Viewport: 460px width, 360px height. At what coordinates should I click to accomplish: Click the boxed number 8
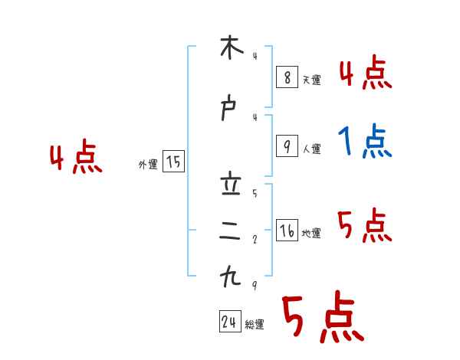(286, 77)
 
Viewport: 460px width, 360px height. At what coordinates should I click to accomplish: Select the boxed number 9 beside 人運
(286, 146)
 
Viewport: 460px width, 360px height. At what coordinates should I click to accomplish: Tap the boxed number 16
(287, 231)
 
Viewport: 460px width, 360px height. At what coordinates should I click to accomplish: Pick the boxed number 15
(173, 162)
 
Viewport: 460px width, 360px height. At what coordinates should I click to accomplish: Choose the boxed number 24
(229, 322)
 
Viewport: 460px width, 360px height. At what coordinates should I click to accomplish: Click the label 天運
(311, 80)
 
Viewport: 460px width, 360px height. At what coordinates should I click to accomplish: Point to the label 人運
(311, 149)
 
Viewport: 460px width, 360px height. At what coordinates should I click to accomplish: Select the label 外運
(148, 164)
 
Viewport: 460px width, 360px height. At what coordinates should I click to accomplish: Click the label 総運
(255, 325)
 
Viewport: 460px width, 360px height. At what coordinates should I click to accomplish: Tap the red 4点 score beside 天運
(365, 74)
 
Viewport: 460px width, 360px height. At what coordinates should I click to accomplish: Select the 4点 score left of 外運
(76, 159)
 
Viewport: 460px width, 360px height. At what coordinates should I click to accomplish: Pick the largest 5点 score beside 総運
(322, 317)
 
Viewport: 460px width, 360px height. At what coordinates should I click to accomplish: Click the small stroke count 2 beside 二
(255, 239)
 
